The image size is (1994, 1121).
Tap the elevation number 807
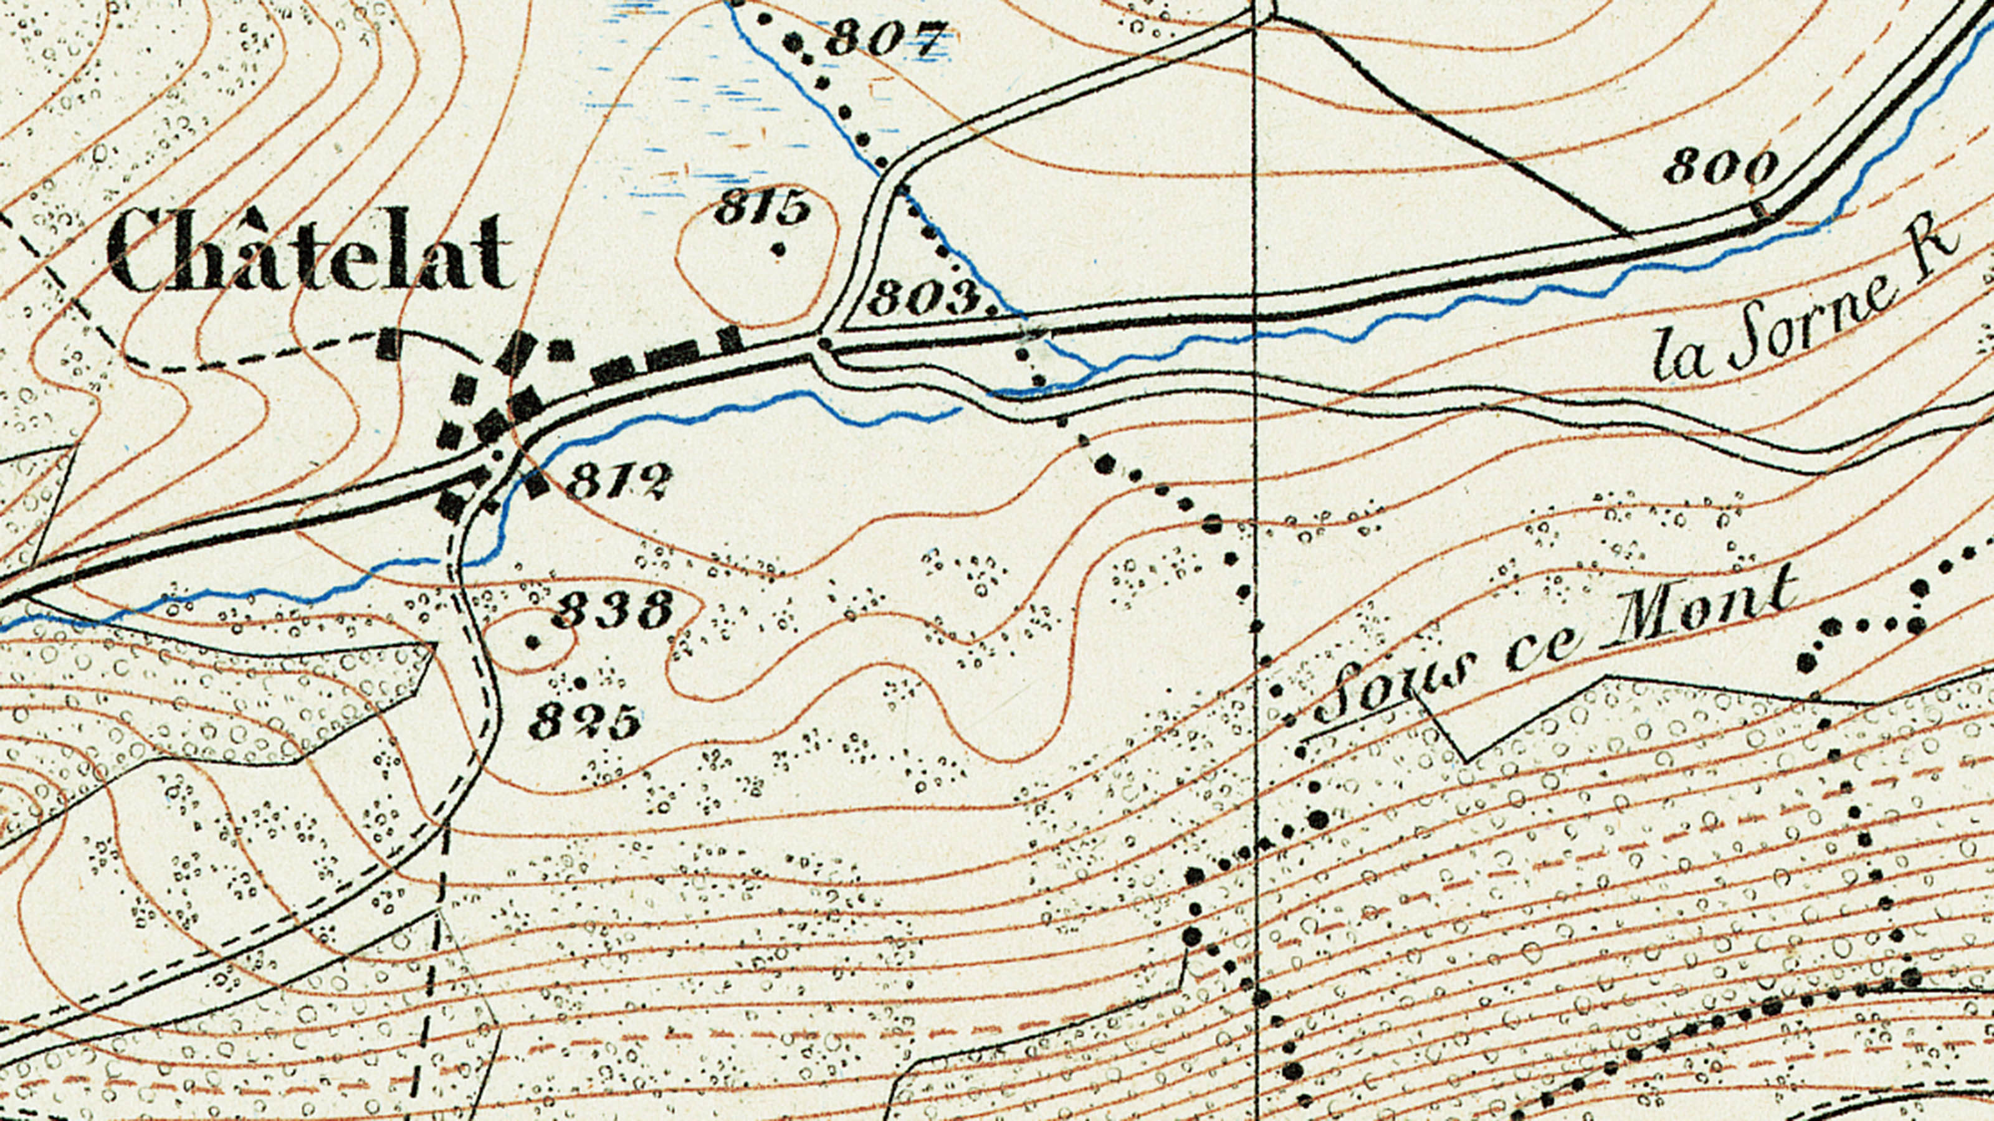coord(887,37)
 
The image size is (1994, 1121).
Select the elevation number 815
coord(761,207)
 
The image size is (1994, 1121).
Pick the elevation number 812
coord(618,481)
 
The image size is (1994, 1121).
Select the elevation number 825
coord(585,722)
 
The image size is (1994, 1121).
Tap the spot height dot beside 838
coord(533,641)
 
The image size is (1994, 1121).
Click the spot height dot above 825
coord(581,683)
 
